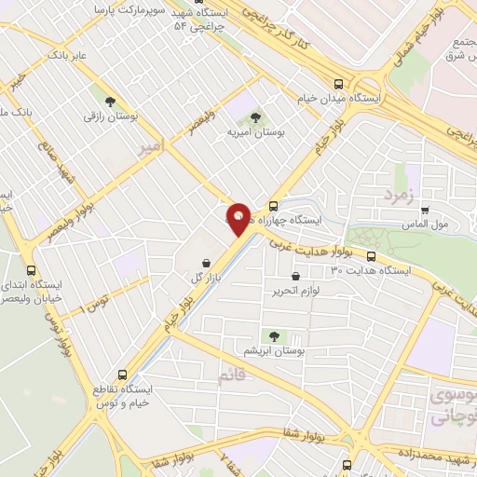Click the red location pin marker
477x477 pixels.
(238, 219)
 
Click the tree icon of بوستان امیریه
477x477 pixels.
(256, 117)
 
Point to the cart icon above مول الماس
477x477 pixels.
(426, 211)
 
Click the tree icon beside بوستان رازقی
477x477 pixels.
(110, 101)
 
